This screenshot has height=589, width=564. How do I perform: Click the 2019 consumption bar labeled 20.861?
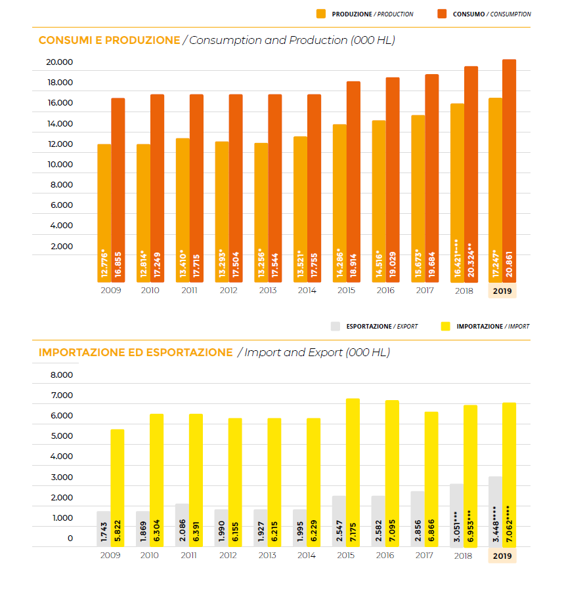509,171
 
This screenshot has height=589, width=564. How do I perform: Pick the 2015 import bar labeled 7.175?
353,472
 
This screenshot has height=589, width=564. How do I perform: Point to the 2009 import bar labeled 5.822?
118,488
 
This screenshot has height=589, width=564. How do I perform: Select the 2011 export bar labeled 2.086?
182,525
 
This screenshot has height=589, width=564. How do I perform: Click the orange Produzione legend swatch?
321,14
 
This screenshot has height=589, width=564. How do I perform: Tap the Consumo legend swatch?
442,14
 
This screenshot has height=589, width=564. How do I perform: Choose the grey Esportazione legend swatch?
336,326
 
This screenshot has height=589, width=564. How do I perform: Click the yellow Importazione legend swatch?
446,326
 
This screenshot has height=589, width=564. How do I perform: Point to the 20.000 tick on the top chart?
60,62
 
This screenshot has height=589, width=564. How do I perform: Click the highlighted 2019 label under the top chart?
502,291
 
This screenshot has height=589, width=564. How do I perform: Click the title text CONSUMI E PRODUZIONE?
109,41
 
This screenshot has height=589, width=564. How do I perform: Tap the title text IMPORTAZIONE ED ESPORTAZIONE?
136,353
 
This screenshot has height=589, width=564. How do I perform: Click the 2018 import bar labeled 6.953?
470,476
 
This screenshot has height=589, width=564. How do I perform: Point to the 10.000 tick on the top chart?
60,165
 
